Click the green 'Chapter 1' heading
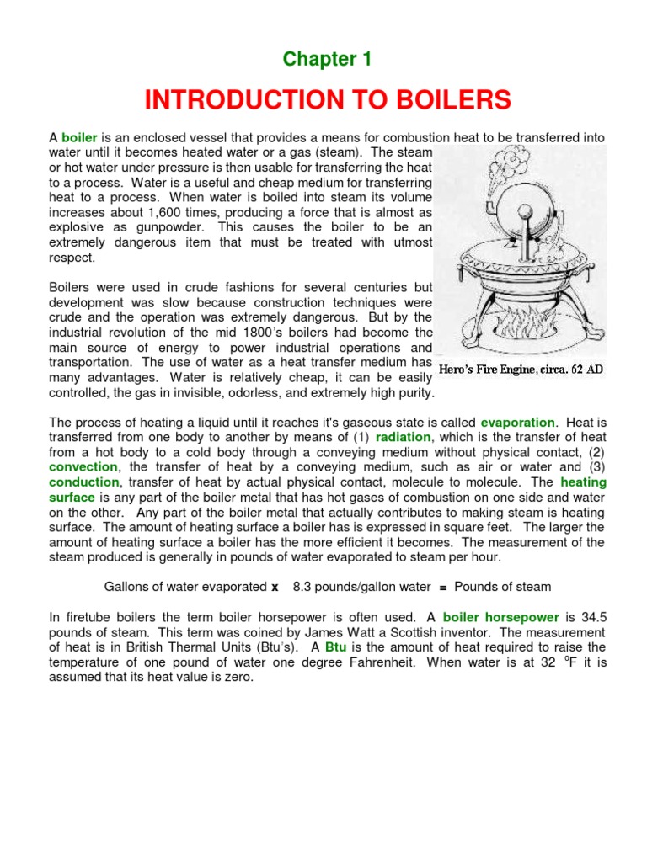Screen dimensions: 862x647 tap(327, 59)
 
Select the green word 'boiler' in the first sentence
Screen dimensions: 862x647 tap(80, 137)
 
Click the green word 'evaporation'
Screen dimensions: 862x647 tap(517, 422)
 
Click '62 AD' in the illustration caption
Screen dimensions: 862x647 tap(586, 369)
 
